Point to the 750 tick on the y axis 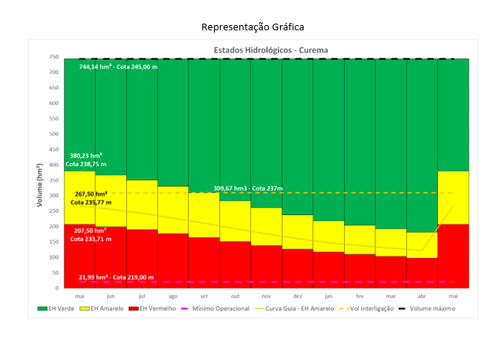click(54, 57)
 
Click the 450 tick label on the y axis click(54, 149)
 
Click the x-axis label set click(204, 295)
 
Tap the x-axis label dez click(297, 295)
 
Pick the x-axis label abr click(422, 295)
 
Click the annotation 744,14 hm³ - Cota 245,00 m click(118, 67)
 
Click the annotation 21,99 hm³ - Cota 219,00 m click(117, 277)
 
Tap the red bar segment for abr click(422, 273)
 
